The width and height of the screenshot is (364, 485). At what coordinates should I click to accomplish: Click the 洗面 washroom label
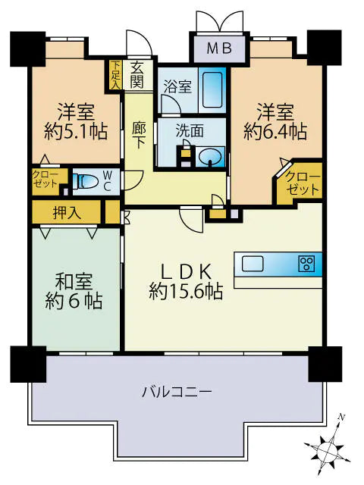click(x=190, y=130)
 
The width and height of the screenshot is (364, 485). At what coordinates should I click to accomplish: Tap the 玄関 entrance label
click(x=137, y=74)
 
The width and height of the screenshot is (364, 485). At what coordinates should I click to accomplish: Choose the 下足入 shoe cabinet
click(x=115, y=75)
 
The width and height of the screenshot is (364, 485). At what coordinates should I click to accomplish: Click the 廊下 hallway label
click(x=138, y=136)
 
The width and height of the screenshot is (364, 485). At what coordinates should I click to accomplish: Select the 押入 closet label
click(x=64, y=213)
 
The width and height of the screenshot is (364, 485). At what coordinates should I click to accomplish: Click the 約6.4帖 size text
click(x=275, y=131)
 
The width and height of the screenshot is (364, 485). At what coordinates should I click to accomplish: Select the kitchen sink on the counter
click(x=253, y=264)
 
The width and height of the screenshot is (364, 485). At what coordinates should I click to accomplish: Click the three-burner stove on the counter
click(x=306, y=264)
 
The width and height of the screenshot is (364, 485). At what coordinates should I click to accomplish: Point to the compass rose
click(x=330, y=447)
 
